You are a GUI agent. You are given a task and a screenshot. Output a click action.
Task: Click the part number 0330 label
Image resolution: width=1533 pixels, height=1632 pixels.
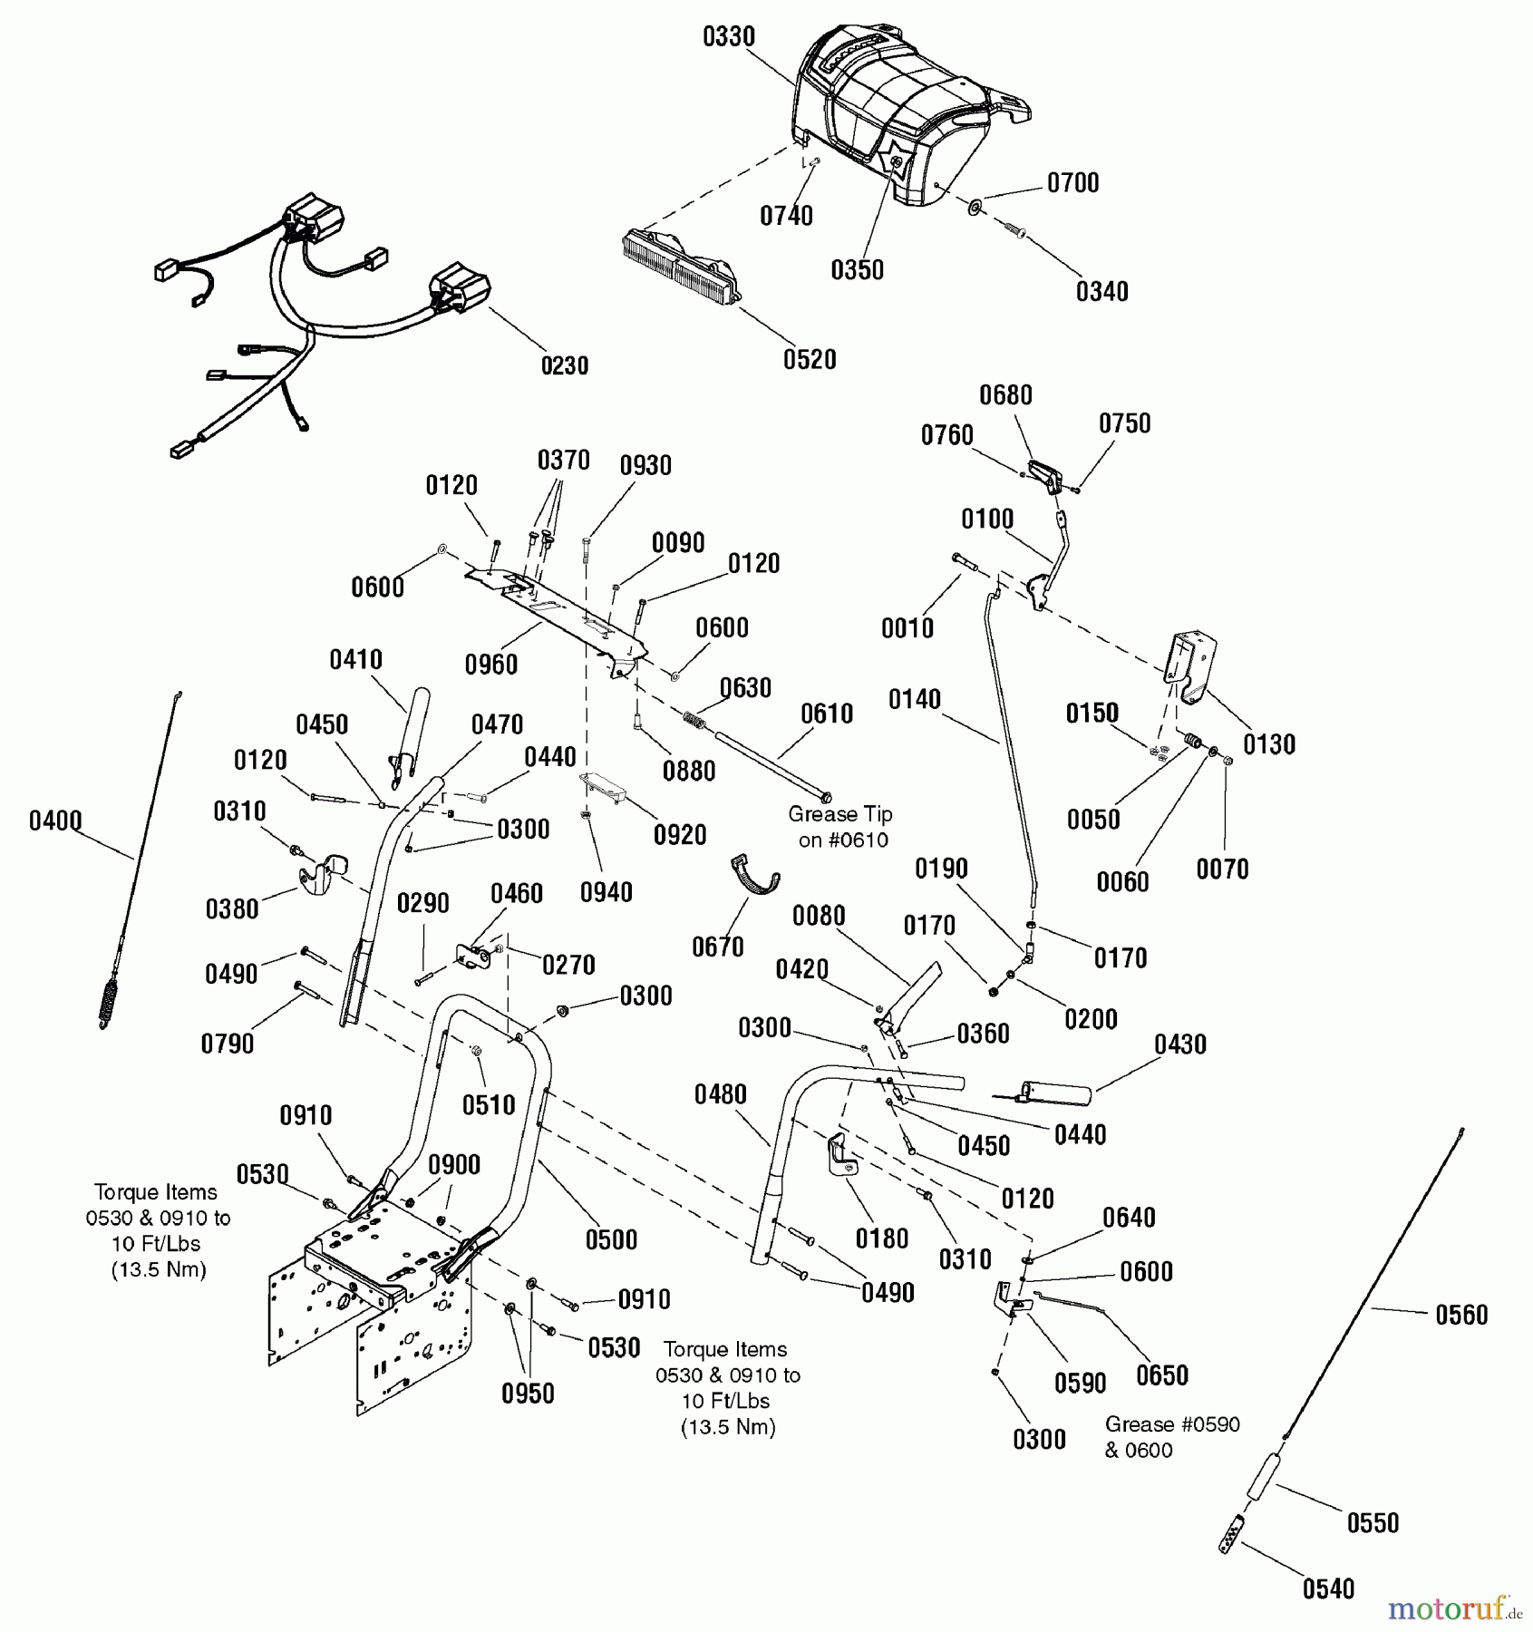coord(728,36)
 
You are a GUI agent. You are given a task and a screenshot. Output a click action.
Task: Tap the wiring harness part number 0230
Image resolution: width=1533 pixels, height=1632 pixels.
coord(564,365)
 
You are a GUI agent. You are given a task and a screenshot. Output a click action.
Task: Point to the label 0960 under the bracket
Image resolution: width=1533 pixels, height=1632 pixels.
coord(490,665)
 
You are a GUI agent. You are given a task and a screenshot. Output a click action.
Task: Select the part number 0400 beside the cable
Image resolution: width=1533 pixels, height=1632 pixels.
coord(55,821)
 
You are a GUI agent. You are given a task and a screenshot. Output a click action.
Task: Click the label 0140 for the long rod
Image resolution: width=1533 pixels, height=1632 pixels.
coord(914,699)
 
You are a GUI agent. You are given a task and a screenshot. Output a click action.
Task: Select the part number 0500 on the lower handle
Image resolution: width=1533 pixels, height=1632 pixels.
coord(610,1239)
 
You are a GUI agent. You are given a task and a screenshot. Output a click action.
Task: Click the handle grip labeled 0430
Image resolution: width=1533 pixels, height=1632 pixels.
coord(1055,1093)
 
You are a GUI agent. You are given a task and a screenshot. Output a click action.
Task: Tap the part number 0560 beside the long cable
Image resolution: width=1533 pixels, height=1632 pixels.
coord(1461,1315)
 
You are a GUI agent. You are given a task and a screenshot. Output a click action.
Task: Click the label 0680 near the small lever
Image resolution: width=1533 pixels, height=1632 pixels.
coord(1005,395)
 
